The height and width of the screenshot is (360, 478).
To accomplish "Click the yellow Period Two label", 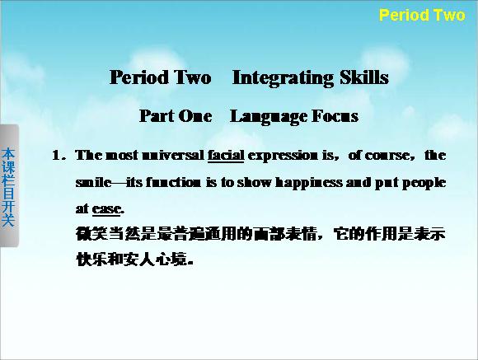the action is tap(422, 15).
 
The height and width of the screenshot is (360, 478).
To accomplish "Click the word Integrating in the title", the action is tap(283, 78).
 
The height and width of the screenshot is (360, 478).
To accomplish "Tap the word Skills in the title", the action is tap(364, 77).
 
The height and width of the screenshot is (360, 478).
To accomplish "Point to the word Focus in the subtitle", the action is tap(335, 116).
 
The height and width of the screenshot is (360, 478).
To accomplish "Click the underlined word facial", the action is tap(226, 155).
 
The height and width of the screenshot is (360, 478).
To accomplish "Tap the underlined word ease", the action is tap(106, 209).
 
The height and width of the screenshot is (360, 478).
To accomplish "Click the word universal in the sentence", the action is tap(173, 155).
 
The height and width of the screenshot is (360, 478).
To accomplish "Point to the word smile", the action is tap(93, 182).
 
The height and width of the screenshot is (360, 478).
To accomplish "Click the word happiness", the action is tap(309, 183).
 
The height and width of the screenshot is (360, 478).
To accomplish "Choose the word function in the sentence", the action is tap(173, 182).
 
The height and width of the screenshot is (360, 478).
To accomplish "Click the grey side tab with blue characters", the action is tap(9, 185).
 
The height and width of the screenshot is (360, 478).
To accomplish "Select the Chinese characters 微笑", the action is tap(91, 234).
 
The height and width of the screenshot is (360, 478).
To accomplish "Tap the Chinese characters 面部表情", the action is tap(285, 234).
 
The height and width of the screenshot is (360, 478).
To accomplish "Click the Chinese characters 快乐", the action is tap(91, 259).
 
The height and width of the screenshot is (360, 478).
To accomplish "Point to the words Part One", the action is tap(176, 116).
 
